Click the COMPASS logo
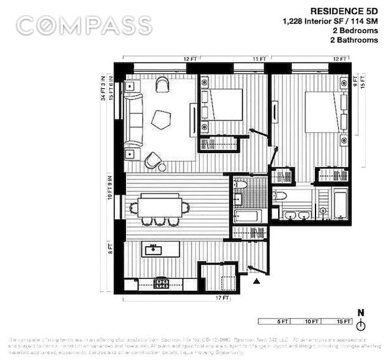84,26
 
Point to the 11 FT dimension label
260,59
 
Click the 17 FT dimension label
221,298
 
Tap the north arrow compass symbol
361,322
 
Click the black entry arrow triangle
257,281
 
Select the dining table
159,206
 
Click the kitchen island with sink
160,249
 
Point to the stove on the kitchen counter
161,283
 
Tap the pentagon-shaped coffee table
161,119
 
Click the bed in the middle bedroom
224,105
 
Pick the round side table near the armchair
162,167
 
